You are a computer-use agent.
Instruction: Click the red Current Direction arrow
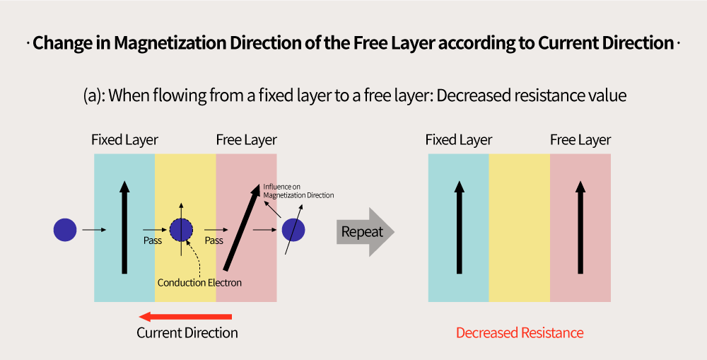tap(185, 317)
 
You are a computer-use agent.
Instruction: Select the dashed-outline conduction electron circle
tap(181, 230)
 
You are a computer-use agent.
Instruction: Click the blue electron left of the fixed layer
tap(65, 230)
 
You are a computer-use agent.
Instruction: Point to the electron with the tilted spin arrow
tap(293, 230)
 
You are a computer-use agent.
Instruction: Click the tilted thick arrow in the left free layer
tap(243, 227)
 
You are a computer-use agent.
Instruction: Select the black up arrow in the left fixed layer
tap(124, 227)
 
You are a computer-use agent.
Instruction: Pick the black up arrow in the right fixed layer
tap(459, 227)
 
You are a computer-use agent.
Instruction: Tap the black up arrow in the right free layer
tap(580, 227)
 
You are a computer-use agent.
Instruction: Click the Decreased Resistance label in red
tap(520, 333)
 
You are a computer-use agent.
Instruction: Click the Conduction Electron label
tap(199, 283)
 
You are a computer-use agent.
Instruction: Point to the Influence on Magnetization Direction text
tap(298, 191)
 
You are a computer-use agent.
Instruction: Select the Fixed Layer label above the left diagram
tap(124, 140)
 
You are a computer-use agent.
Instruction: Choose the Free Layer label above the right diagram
tap(580, 140)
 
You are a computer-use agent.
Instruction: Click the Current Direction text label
tap(187, 333)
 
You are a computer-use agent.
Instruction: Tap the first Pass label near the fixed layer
tap(153, 240)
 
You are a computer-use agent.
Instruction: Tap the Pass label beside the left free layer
tap(214, 240)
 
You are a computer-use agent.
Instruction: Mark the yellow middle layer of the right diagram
tap(520, 228)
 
